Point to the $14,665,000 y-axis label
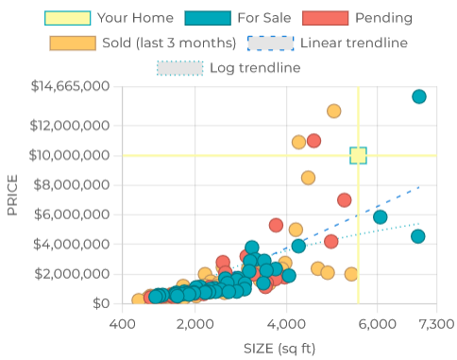(x=70, y=86)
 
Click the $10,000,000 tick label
(x=70, y=155)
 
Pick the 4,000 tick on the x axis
(x=287, y=323)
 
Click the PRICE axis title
(x=12, y=194)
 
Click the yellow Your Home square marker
(x=358, y=156)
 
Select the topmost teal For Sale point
(x=419, y=96)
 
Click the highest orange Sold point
(x=333, y=111)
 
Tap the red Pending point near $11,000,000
(x=313, y=141)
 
